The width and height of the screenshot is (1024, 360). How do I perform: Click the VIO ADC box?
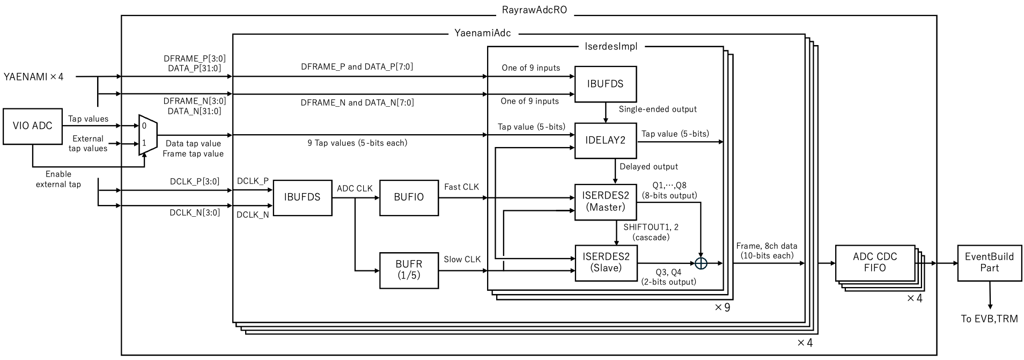tap(33, 126)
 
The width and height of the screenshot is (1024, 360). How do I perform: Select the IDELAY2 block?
tap(605, 141)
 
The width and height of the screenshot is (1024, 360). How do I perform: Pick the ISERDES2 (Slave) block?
tap(605, 263)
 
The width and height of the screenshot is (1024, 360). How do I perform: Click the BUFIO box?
tap(409, 197)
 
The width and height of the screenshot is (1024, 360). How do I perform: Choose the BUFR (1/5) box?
tap(409, 269)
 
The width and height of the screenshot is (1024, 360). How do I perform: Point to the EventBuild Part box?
tap(989, 262)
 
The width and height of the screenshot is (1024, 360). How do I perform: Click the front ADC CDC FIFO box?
tap(874, 262)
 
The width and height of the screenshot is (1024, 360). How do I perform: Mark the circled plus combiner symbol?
tap(701, 263)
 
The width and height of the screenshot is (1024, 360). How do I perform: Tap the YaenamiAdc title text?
tap(482, 33)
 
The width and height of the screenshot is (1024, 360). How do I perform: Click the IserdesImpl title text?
tap(611, 46)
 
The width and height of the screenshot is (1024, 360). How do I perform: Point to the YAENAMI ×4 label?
tap(33, 77)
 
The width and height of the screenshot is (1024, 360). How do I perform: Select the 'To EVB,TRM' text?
tap(989, 319)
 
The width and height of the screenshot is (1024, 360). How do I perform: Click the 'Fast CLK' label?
tap(461, 187)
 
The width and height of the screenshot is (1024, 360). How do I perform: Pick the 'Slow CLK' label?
tap(462, 259)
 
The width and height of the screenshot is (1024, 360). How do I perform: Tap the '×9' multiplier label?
tap(722, 307)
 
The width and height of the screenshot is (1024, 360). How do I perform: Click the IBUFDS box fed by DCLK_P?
tap(303, 197)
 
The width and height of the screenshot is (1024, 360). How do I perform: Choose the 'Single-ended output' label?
tap(658, 109)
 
